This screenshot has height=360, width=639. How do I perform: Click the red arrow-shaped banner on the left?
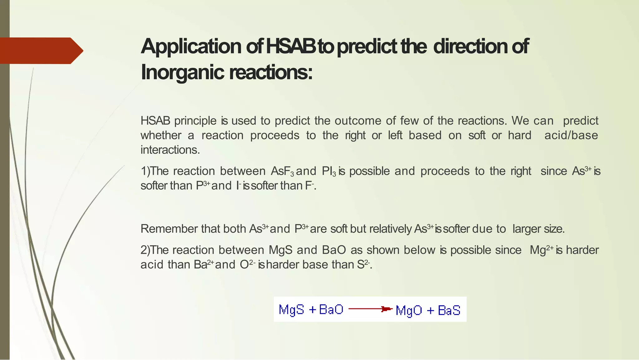click(x=41, y=51)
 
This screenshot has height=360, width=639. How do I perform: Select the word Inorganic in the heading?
click(x=183, y=72)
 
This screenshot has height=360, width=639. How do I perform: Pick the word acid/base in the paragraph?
click(x=571, y=136)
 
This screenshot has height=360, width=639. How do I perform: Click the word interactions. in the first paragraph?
click(x=170, y=150)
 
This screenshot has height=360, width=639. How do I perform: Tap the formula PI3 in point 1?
click(x=329, y=171)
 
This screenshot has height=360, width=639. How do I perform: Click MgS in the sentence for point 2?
click(x=280, y=250)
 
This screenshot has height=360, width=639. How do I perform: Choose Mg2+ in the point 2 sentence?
click(x=542, y=250)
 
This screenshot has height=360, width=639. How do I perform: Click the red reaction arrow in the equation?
click(x=370, y=309)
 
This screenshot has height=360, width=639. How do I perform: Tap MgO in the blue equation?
click(x=409, y=310)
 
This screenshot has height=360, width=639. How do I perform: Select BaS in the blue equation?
click(x=449, y=310)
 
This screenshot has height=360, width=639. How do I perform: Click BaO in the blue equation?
click(x=331, y=309)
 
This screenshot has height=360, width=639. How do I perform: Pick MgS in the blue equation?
click(x=291, y=309)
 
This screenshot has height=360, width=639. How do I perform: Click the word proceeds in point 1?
click(x=445, y=171)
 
